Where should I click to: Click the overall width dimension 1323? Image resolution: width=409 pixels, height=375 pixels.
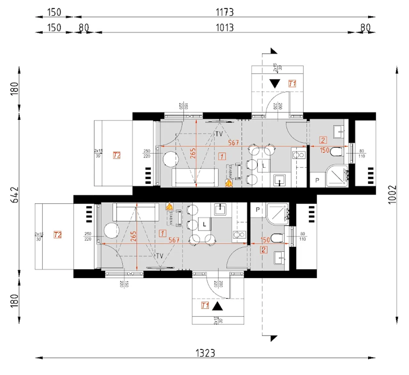click(x=205, y=353)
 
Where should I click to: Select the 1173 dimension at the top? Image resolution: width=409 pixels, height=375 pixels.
click(x=225, y=12)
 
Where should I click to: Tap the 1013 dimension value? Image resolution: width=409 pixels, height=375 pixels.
click(x=225, y=27)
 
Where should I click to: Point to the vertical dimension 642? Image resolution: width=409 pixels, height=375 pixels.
click(x=15, y=195)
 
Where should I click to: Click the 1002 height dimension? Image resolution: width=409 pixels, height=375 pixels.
click(x=392, y=194)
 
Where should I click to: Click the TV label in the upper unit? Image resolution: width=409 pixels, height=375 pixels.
click(x=219, y=134)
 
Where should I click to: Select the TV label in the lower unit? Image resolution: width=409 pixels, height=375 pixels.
click(x=159, y=256)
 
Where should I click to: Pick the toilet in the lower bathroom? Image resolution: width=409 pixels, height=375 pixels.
click(x=277, y=238)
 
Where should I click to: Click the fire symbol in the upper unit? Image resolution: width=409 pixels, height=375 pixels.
click(x=229, y=183)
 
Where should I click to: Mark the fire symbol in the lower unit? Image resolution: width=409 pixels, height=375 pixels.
click(x=169, y=206)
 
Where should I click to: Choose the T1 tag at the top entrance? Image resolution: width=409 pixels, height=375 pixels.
click(x=292, y=84)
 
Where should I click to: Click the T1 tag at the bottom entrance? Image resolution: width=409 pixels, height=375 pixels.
click(x=205, y=305)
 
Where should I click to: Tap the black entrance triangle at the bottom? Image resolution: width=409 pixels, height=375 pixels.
click(x=218, y=306)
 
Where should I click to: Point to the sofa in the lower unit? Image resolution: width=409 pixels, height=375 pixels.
click(x=136, y=212)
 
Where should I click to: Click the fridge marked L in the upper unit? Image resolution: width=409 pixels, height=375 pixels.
click(x=264, y=166)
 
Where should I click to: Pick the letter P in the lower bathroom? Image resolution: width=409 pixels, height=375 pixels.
click(x=258, y=210)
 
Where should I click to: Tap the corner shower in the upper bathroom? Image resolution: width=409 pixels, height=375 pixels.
click(x=337, y=176)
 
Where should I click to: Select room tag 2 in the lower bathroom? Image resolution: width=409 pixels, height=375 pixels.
click(x=264, y=250)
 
